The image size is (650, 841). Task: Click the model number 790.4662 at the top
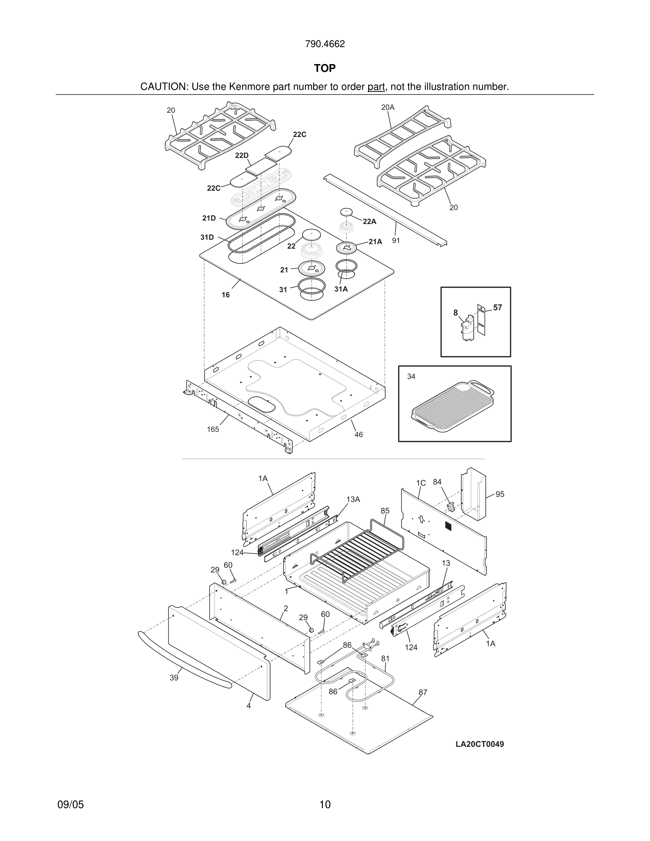[325, 44]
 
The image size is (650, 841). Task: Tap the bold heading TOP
[325, 68]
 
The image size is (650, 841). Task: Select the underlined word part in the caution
[376, 87]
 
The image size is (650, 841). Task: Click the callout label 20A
[388, 108]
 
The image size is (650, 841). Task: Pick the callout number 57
[497, 308]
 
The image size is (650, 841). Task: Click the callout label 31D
[207, 237]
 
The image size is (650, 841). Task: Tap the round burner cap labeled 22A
[347, 212]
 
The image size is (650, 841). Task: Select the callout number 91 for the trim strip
[396, 241]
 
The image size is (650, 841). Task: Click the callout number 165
[213, 429]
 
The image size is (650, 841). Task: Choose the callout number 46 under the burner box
[359, 435]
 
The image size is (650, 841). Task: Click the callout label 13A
[353, 499]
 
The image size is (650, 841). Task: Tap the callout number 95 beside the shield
[500, 494]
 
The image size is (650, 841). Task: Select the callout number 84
[437, 482]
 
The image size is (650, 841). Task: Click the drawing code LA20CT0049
[479, 744]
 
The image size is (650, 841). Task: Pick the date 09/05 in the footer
[70, 805]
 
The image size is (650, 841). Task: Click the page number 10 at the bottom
[325, 805]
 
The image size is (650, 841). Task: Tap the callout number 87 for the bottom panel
[423, 692]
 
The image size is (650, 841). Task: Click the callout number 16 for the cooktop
[226, 295]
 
